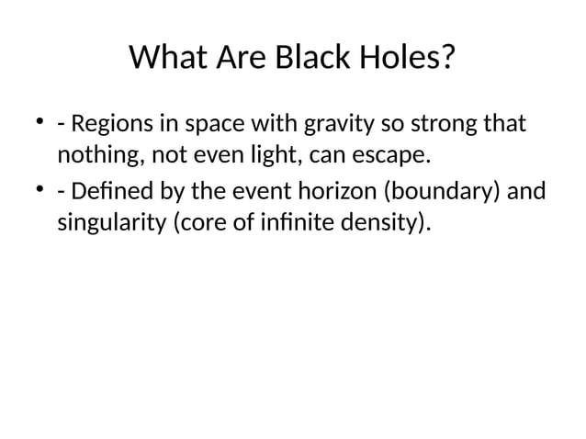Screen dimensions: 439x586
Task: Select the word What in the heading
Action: pyautogui.click(x=166, y=59)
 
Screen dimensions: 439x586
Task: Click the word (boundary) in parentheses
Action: pyautogui.click(x=438, y=193)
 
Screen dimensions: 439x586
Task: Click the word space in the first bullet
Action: pyautogui.click(x=207, y=123)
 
